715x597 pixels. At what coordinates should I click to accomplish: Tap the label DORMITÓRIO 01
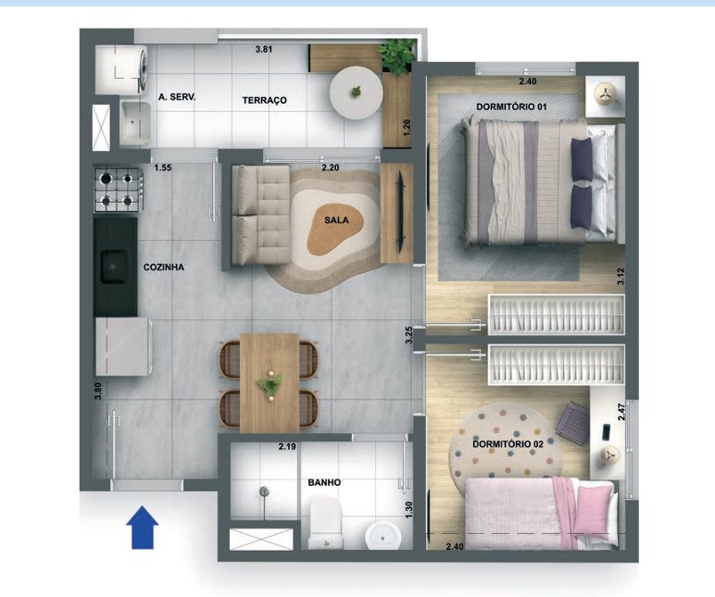(511, 107)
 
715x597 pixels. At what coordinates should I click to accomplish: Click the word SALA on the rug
(337, 221)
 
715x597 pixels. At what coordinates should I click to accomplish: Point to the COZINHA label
(164, 267)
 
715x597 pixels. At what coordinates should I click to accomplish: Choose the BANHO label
(324, 483)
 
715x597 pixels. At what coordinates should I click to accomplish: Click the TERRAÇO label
(265, 100)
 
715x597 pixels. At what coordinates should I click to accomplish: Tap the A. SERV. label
(177, 97)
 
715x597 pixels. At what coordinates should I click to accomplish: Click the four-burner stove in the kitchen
(117, 190)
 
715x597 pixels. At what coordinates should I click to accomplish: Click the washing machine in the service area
(120, 69)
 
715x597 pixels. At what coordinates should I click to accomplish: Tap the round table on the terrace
(356, 92)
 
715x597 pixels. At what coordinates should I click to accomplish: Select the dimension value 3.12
(621, 275)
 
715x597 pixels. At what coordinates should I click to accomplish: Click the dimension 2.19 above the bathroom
(287, 447)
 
